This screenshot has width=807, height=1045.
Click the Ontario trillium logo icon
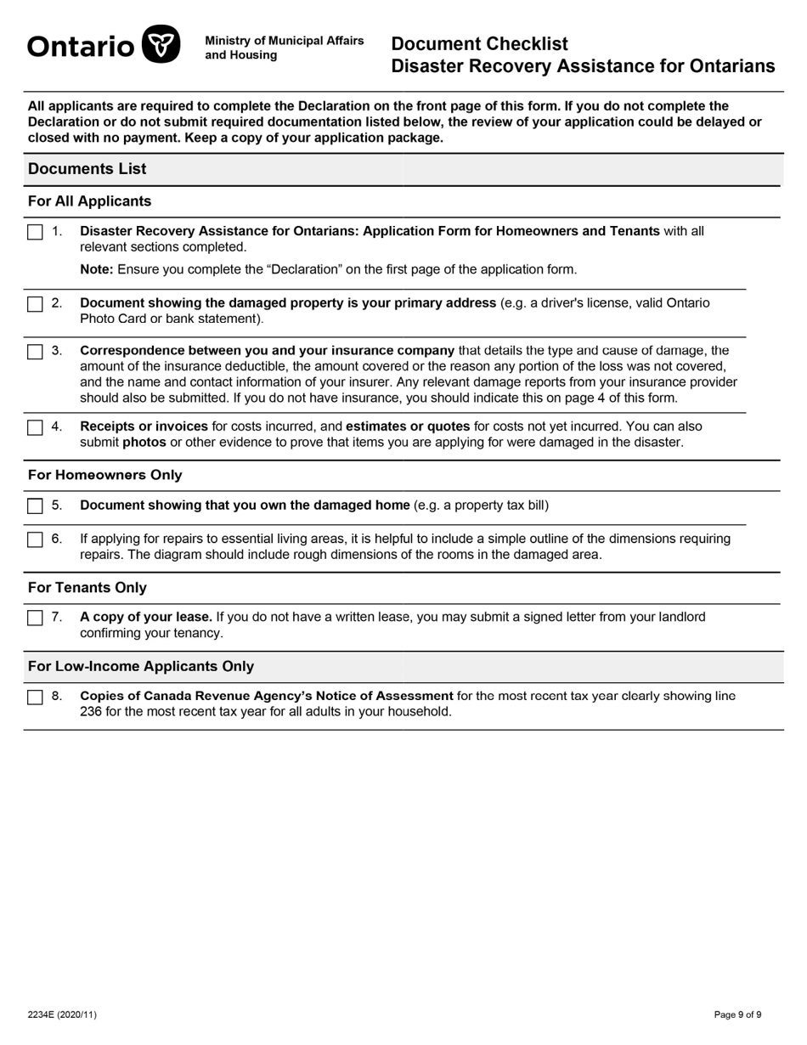click(x=161, y=45)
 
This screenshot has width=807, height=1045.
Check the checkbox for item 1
click(x=35, y=232)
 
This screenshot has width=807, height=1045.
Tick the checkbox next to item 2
click(x=35, y=304)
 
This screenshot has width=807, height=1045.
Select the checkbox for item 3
click(x=35, y=351)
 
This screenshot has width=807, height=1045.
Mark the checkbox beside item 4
click(x=35, y=427)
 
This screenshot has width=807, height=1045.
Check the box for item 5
click(x=35, y=506)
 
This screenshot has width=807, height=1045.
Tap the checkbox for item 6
click(x=35, y=539)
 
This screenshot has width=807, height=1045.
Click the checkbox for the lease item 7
click(x=35, y=618)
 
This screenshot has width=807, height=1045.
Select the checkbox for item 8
click(x=35, y=697)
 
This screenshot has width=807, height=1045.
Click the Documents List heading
click(x=87, y=169)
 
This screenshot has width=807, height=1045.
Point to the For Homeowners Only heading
click(x=104, y=475)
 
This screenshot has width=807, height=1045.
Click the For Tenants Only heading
click(x=87, y=588)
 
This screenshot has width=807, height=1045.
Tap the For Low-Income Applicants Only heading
click(x=140, y=666)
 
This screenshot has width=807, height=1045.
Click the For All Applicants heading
click(x=89, y=201)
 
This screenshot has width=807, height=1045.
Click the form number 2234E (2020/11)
click(x=62, y=1014)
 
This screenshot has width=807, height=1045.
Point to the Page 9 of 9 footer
click(x=737, y=1014)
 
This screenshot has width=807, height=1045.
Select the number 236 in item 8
click(x=91, y=711)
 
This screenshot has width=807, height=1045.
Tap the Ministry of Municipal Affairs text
click(x=284, y=41)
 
